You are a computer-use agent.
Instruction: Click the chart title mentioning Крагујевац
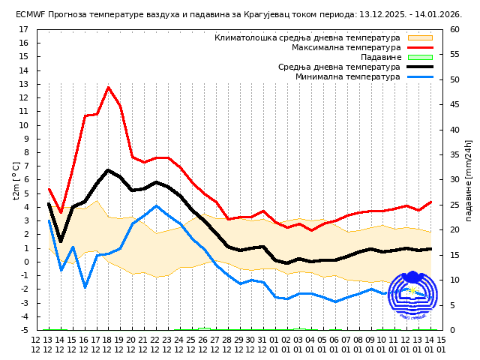tap(238, 14)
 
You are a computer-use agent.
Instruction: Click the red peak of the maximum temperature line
tap(109, 87)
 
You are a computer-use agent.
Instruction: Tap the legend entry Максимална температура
tap(346, 47)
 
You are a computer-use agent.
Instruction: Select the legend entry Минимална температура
tap(347, 76)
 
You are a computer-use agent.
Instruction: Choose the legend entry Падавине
tap(380, 57)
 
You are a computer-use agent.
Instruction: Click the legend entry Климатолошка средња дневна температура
tap(307, 37)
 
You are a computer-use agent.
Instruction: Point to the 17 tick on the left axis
tap(23, 30)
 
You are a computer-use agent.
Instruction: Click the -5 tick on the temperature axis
tap(23, 330)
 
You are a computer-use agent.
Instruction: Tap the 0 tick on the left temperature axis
tap(25, 262)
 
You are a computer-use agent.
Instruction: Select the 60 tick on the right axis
tap(455, 30)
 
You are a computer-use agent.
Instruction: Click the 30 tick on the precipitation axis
tap(455, 180)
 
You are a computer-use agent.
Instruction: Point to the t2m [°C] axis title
tap(16, 180)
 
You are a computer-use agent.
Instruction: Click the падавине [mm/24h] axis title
tap(469, 180)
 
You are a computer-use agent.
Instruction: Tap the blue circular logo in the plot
tap(412, 295)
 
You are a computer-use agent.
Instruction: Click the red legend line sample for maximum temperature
tap(420, 47)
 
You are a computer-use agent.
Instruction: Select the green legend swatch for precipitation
tap(420, 57)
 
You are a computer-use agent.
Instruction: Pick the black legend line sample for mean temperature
tap(420, 67)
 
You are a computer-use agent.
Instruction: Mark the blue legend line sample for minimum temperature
tap(420, 76)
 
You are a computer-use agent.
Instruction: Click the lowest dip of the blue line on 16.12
tap(85, 287)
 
